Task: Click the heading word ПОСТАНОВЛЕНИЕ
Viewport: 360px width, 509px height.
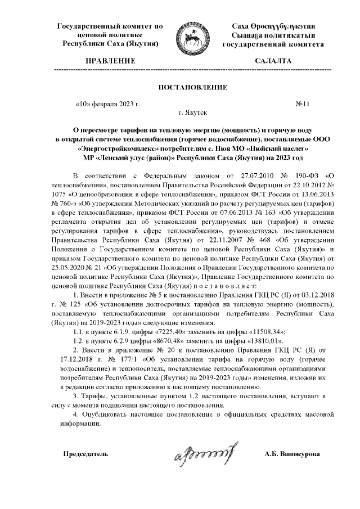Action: click(x=193, y=88)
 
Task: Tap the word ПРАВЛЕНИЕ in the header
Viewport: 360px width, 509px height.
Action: click(x=110, y=60)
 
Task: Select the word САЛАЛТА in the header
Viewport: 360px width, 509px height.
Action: click(x=273, y=60)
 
